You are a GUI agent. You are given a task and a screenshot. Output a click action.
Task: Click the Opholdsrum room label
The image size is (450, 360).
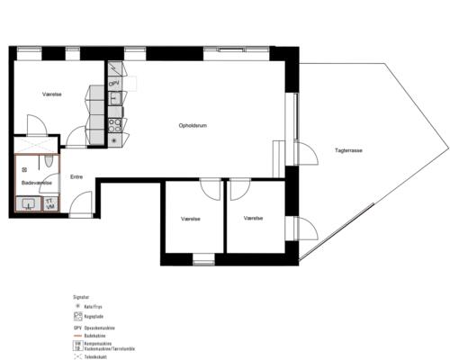[x=193, y=125]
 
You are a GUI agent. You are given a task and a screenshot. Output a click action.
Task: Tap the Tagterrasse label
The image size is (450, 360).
[x=348, y=150]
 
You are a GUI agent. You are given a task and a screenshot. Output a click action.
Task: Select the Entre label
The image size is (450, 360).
[x=76, y=177]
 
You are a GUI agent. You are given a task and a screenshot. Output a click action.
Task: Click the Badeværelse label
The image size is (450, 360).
[x=37, y=184]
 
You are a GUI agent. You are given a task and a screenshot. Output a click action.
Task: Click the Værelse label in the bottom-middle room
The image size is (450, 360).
[x=190, y=219]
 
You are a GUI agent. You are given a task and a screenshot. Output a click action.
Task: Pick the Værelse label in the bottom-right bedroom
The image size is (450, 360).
[x=253, y=219]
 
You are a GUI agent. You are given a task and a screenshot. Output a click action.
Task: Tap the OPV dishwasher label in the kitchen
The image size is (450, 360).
[x=114, y=84]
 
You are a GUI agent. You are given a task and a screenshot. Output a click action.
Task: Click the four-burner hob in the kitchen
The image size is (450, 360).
[x=114, y=123]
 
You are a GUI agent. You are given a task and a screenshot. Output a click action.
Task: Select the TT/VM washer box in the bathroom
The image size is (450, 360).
[x=49, y=204]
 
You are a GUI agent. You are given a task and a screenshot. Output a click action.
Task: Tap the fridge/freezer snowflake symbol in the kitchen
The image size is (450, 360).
[x=114, y=139]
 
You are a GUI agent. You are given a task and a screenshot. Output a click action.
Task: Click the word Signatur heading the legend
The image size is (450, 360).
[x=81, y=294]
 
